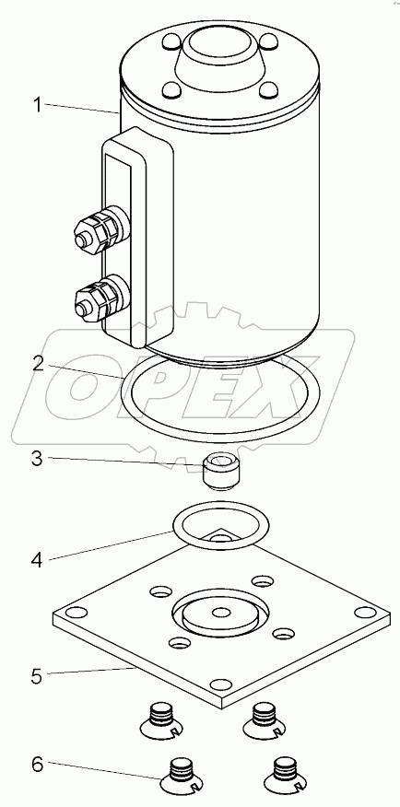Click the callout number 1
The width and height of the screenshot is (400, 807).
(38, 106)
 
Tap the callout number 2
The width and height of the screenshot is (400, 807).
(38, 364)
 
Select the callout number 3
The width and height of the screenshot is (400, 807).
(38, 457)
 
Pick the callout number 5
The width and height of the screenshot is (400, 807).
(38, 676)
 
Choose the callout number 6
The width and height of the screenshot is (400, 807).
(38, 765)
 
